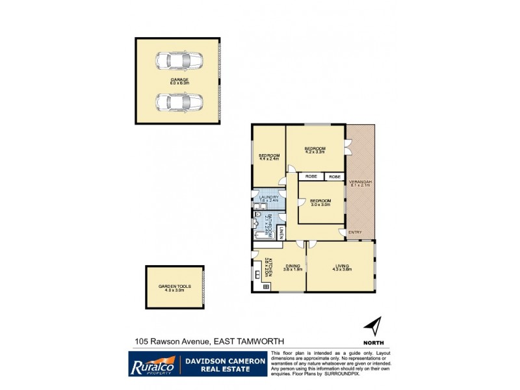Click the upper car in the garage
click(x=178, y=61)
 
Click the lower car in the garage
click(x=178, y=103)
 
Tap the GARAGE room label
click(x=179, y=81)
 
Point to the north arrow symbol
click(x=372, y=326)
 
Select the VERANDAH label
click(x=359, y=183)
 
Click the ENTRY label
click(x=355, y=232)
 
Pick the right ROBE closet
click(x=334, y=176)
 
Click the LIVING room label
click(x=342, y=266)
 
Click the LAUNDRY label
click(x=269, y=198)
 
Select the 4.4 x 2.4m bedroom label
click(x=268, y=157)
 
